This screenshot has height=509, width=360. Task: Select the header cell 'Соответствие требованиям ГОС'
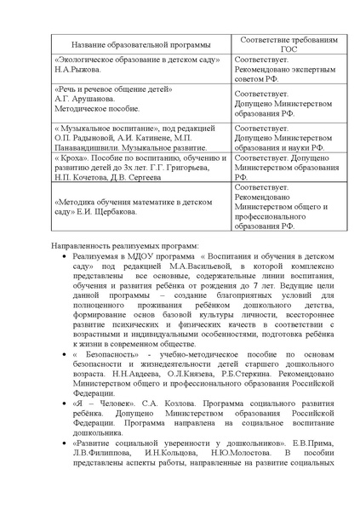point(283,44)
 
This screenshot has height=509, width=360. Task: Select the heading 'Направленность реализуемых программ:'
point(123,246)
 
